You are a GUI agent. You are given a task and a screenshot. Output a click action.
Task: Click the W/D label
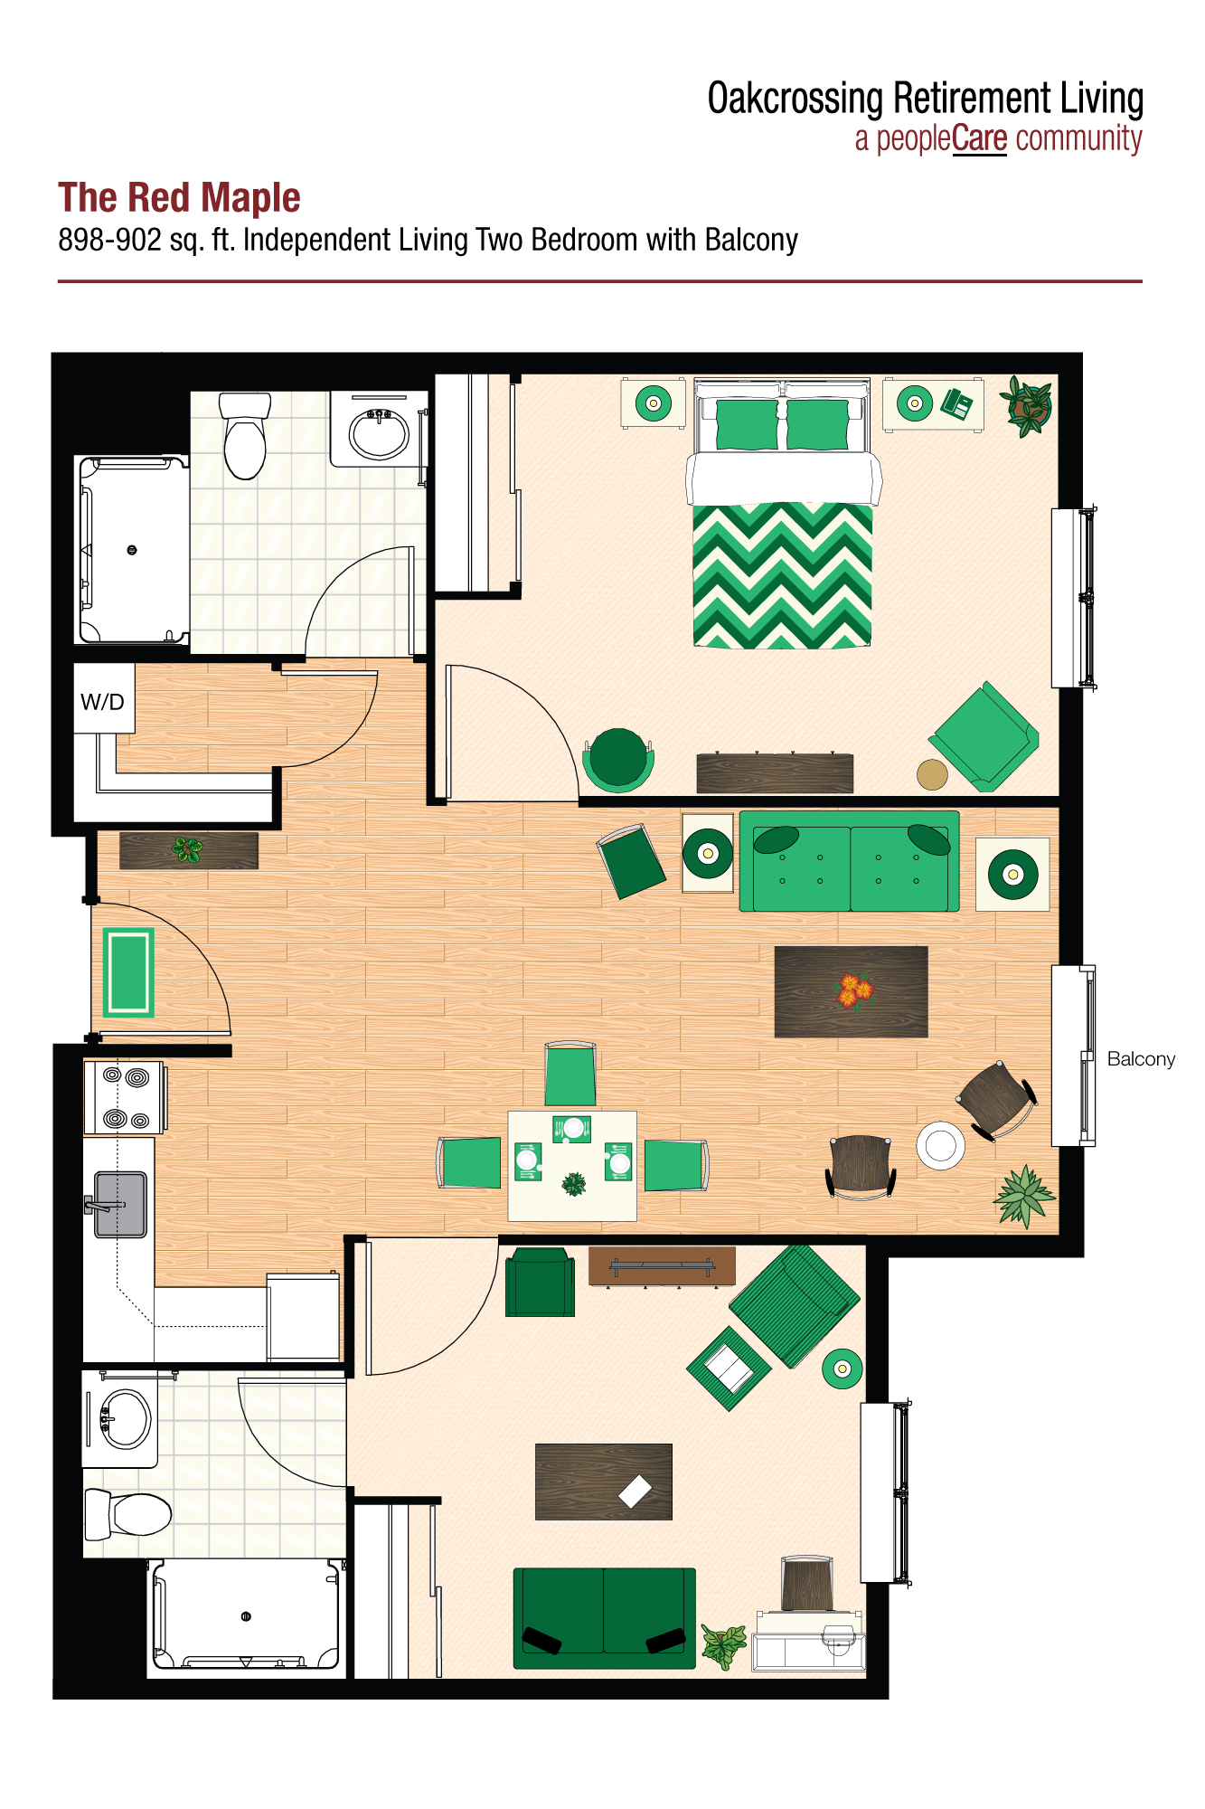[x=102, y=702]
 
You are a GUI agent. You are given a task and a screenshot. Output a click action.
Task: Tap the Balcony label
[x=1140, y=1059]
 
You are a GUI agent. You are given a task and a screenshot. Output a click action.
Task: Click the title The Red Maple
[x=179, y=198]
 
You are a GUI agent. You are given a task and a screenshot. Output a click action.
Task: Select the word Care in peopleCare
[x=979, y=139]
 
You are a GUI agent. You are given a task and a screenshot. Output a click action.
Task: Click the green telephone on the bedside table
[x=956, y=403]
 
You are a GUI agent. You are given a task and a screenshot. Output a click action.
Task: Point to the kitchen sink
[x=120, y=1204]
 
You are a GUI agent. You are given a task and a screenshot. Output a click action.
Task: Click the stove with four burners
[x=125, y=1097]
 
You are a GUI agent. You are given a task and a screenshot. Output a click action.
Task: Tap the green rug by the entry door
[x=127, y=972]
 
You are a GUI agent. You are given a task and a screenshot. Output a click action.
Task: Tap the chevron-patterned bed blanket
[x=782, y=576]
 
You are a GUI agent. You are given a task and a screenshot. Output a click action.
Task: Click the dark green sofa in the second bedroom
[x=604, y=1617]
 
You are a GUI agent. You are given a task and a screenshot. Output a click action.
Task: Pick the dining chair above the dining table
[x=570, y=1074]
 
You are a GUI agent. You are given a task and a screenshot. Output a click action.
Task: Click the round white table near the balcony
[x=940, y=1145]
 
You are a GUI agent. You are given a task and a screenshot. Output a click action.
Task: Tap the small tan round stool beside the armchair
[x=932, y=774]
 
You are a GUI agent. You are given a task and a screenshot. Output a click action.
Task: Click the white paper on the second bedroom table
[x=635, y=1491]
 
